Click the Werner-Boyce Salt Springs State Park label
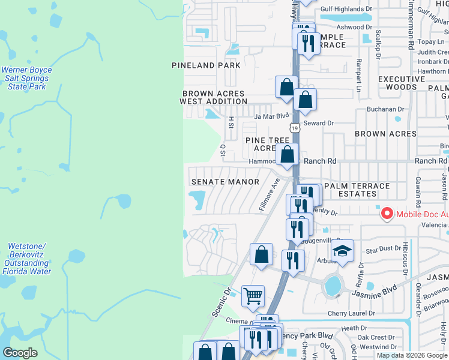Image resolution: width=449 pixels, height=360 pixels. (26, 78)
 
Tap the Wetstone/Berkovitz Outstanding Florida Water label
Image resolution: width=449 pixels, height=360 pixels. (26, 259)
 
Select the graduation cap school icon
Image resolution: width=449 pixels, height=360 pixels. (342, 251)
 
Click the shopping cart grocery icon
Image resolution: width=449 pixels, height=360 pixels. (253, 295)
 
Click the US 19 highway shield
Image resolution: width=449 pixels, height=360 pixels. (294, 128)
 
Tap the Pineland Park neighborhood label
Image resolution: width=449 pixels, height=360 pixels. (206, 65)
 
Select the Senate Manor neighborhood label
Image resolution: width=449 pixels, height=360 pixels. (225, 182)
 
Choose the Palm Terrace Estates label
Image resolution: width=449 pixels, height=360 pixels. (357, 190)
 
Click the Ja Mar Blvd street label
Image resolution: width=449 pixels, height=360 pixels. (272, 116)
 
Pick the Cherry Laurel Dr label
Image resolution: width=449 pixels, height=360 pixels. (351, 313)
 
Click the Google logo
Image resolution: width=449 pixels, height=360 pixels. (20, 353)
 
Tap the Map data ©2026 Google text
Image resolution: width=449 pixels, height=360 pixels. (411, 355)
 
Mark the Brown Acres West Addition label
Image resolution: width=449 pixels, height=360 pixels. (214, 97)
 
